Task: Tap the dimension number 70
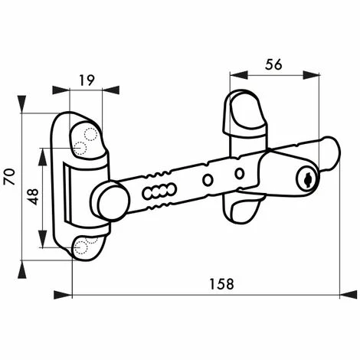tap(10, 178)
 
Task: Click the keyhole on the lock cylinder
tap(305, 178)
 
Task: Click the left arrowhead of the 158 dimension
tap(75, 293)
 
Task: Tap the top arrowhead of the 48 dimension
tap(41, 147)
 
